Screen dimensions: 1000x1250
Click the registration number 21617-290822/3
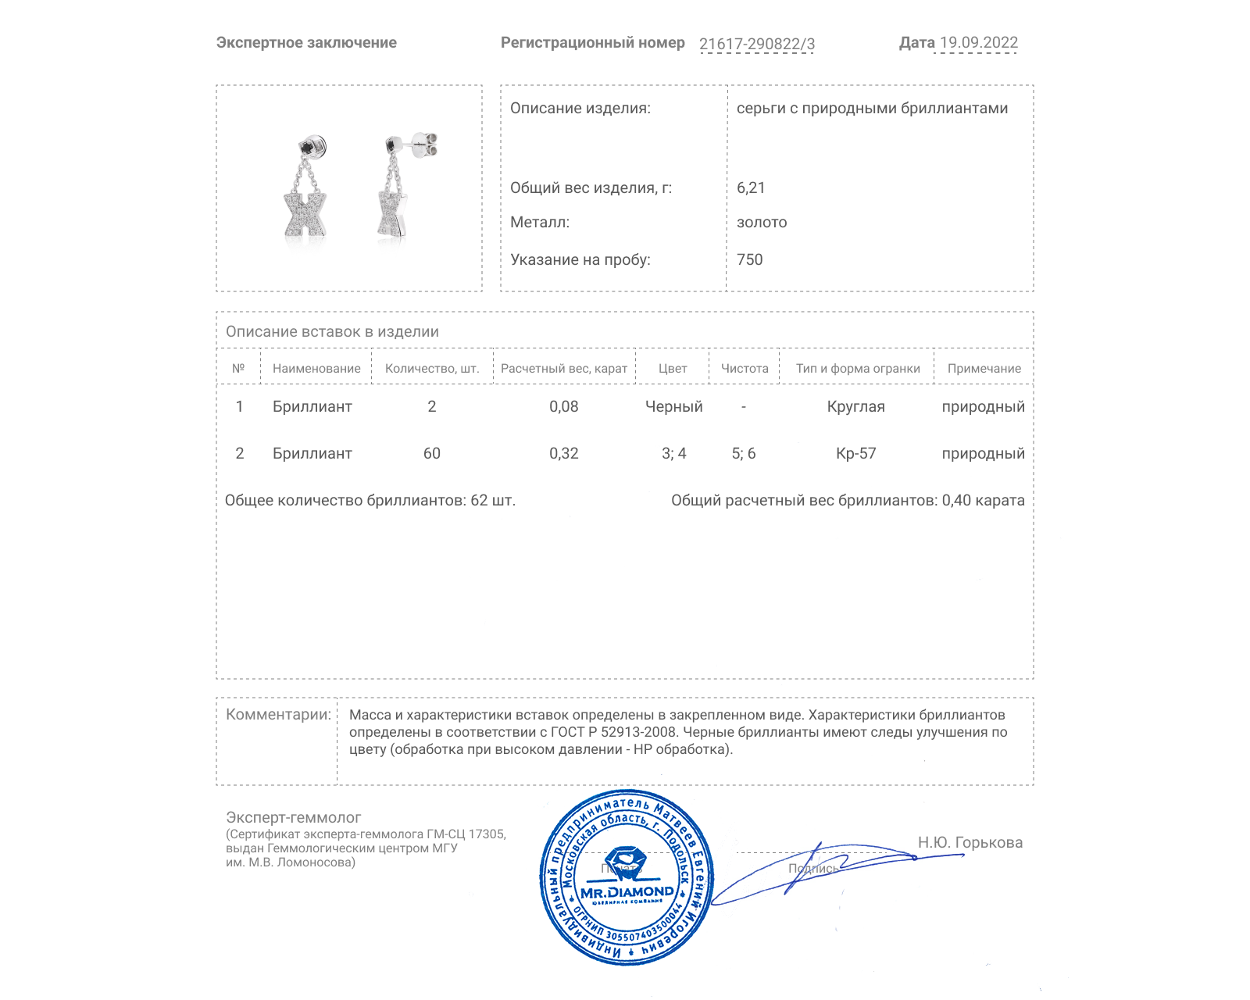coord(756,45)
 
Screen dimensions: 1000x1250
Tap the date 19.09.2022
coord(978,43)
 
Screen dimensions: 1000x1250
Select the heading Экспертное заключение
coord(306,43)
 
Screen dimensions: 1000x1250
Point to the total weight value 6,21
coord(751,187)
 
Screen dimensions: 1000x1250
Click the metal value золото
coord(762,223)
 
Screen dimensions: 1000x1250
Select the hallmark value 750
coord(749,259)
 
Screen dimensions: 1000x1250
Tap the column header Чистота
coord(745,369)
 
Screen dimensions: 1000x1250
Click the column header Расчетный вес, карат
coord(564,369)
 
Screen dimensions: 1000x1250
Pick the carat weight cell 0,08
coord(564,406)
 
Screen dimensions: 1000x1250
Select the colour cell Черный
coord(673,406)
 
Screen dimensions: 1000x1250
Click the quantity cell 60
coord(432,453)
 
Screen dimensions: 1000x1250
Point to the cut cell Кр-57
coord(856,453)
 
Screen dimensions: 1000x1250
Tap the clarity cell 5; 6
coord(744,453)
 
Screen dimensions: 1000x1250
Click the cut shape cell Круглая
coord(856,406)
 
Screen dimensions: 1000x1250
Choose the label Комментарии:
coord(278,714)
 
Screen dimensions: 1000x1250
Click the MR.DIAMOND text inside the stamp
coord(627,892)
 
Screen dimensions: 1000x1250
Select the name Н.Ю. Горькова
coord(970,842)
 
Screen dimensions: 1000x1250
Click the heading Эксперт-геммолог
coord(294,817)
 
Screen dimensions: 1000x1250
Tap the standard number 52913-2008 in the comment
coord(638,732)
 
